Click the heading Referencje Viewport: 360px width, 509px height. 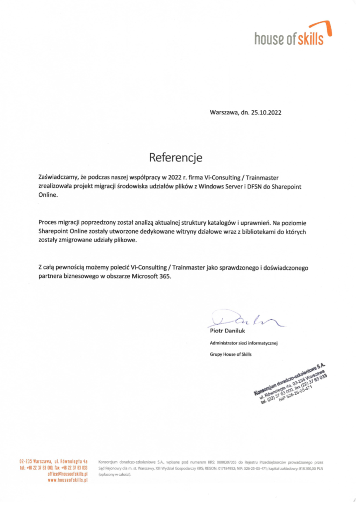pyautogui.click(x=176, y=158)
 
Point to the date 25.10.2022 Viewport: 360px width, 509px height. pyautogui.click(x=265, y=113)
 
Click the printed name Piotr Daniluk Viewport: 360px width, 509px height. pyautogui.click(x=227, y=331)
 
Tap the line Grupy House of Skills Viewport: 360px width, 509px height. pyautogui.click(x=231, y=354)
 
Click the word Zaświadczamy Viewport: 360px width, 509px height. pyautogui.click(x=58, y=176)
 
